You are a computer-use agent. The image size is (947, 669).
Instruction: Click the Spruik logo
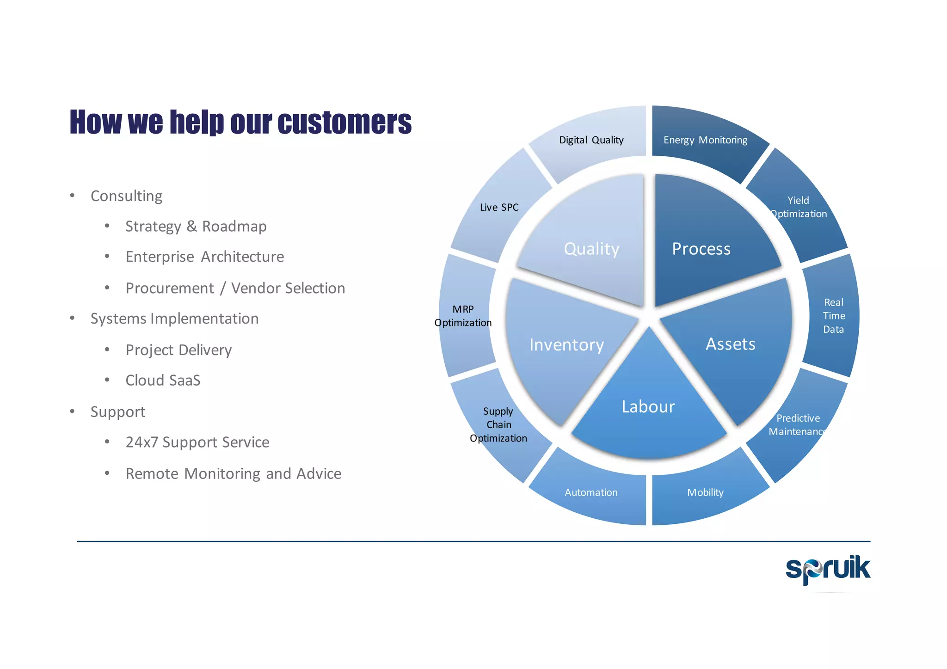[828, 570]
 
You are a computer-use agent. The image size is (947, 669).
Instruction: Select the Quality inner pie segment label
[591, 249]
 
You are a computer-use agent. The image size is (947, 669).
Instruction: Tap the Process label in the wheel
[701, 249]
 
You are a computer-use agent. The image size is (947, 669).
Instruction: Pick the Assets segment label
[730, 344]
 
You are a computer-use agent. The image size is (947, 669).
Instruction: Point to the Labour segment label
[648, 407]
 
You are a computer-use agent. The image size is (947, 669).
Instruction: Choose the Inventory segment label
[566, 345]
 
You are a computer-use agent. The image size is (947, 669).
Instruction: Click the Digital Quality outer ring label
[591, 140]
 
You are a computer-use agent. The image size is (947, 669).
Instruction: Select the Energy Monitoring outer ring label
[705, 140]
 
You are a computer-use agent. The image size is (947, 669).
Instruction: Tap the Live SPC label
[499, 207]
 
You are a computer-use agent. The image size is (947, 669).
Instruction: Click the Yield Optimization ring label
[799, 207]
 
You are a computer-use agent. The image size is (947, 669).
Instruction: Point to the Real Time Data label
[834, 316]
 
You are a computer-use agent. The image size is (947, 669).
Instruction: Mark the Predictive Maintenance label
[798, 425]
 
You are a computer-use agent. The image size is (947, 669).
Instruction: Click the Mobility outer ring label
[705, 492]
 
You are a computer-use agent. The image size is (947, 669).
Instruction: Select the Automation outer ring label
[591, 492]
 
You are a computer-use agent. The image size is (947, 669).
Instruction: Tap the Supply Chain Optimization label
[498, 424]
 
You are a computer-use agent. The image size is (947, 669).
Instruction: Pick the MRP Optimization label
[463, 316]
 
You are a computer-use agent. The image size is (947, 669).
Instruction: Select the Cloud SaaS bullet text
[163, 380]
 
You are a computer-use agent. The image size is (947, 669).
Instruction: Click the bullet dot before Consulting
[72, 196]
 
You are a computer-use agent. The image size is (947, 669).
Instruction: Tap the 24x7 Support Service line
[197, 442]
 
